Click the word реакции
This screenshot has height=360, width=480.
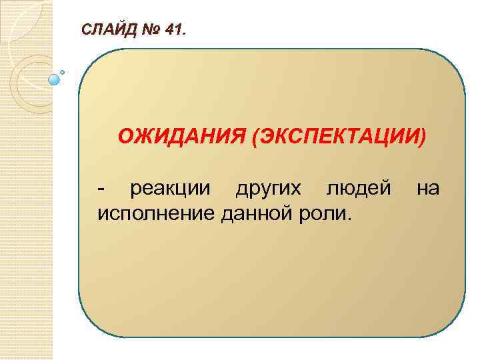point(173,189)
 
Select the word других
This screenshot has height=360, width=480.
point(273,189)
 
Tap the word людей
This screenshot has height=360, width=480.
point(358,189)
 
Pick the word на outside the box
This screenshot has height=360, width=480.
point(428,189)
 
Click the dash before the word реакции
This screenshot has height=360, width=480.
point(101,190)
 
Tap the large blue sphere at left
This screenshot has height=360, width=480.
point(55,79)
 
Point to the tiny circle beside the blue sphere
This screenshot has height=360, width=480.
point(62,71)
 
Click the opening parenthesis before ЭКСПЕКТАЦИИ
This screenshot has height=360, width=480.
point(255,137)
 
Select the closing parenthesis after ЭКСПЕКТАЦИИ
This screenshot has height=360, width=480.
point(421,137)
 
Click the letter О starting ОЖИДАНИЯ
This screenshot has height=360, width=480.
point(125,137)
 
